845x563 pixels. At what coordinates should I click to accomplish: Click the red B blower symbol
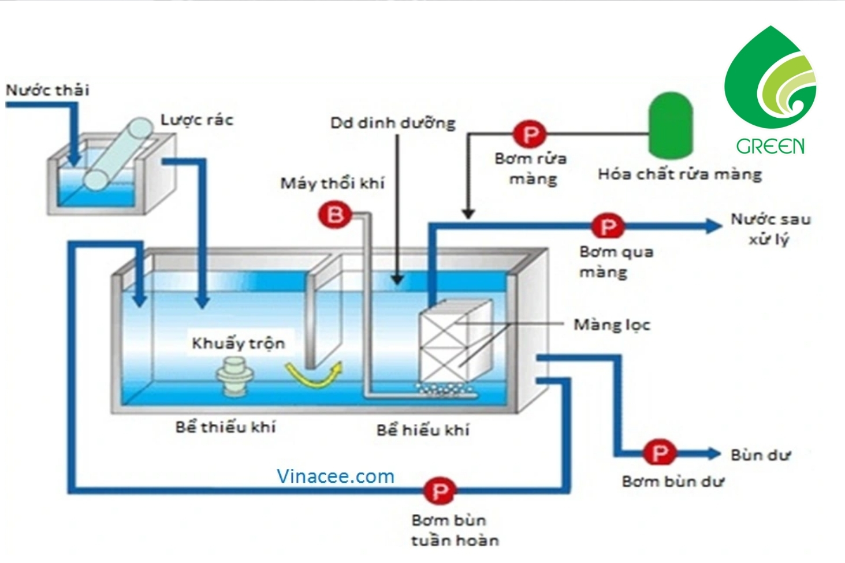pyautogui.click(x=335, y=215)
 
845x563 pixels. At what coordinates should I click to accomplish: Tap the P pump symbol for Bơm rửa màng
pyautogui.click(x=530, y=135)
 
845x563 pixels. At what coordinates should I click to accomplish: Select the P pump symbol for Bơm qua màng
pyautogui.click(x=607, y=226)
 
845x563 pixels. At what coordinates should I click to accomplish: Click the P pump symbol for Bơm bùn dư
pyautogui.click(x=660, y=453)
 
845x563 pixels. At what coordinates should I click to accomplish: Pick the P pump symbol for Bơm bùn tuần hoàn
pyautogui.click(x=440, y=491)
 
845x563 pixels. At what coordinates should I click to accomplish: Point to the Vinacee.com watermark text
pyautogui.click(x=335, y=476)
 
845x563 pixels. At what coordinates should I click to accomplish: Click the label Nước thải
pyautogui.click(x=47, y=90)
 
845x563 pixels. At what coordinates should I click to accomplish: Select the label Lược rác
pyautogui.click(x=197, y=120)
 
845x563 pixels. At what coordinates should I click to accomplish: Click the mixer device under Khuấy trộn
pyautogui.click(x=234, y=376)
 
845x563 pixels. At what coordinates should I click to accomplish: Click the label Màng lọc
pyautogui.click(x=612, y=325)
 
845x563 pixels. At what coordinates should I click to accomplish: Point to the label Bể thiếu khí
pyautogui.click(x=226, y=427)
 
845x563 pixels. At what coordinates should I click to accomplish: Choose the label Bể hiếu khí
pyautogui.click(x=423, y=430)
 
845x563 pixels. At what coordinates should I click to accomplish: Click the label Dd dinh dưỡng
pyautogui.click(x=393, y=123)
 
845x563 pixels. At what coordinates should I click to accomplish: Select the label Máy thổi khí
pyautogui.click(x=332, y=184)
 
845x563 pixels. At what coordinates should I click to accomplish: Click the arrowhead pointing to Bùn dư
pyautogui.click(x=714, y=453)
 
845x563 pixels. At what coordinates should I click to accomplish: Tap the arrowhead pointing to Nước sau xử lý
pyautogui.click(x=714, y=226)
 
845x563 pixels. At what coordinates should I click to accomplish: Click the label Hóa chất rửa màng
pyautogui.click(x=679, y=174)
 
